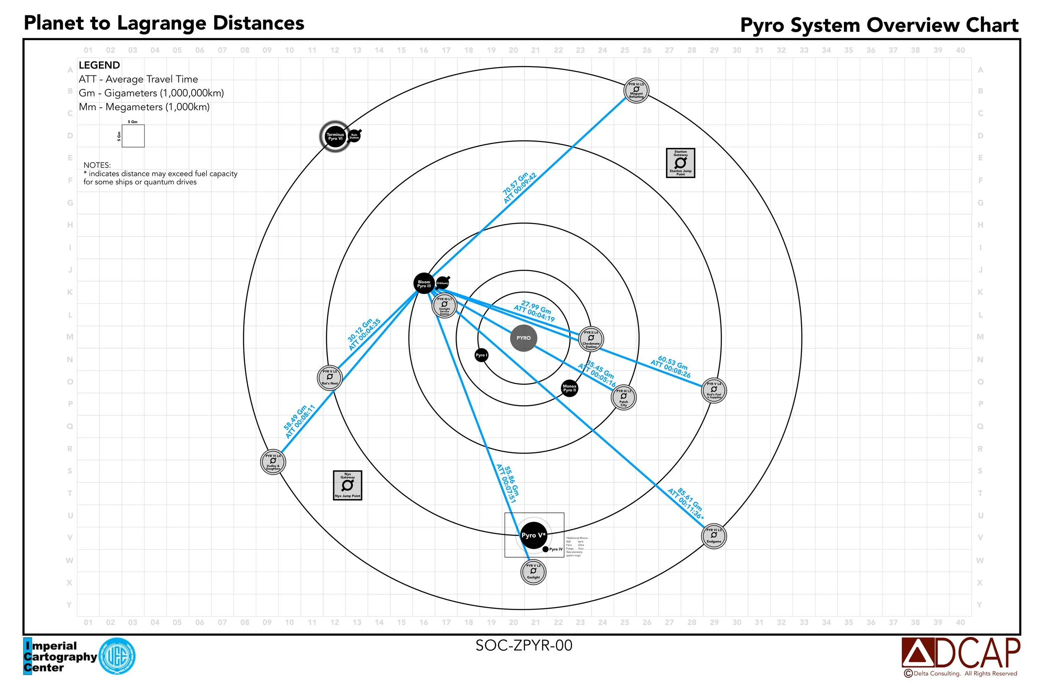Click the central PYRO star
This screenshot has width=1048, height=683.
click(524, 338)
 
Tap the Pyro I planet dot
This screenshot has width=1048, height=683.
click(481, 355)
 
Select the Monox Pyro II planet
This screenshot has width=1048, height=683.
click(569, 388)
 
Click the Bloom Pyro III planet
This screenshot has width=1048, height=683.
click(424, 284)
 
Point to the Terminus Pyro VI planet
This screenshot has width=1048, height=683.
click(335, 137)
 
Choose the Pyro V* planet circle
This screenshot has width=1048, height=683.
click(533, 535)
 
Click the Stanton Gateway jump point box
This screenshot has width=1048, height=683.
click(680, 163)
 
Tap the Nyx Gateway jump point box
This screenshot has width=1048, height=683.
click(348, 485)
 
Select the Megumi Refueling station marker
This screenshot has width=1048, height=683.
click(636, 91)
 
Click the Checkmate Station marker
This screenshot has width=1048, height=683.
click(591, 339)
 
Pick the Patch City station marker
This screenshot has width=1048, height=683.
click(623, 397)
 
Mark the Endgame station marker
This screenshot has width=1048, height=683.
click(714, 536)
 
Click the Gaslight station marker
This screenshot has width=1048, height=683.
click(533, 572)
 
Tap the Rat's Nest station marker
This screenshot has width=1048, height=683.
click(330, 378)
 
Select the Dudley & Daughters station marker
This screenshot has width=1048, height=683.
click(273, 462)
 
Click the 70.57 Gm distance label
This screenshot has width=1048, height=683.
click(519, 187)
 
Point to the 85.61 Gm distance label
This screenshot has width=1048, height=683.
click(686, 502)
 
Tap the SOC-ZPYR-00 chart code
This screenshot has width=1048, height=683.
click(524, 645)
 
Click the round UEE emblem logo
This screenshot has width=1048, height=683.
click(117, 656)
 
